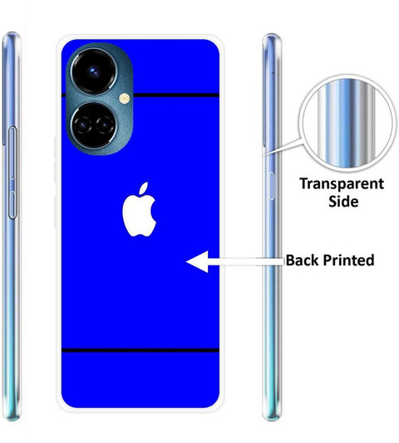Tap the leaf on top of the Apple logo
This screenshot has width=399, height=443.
click(x=144, y=188)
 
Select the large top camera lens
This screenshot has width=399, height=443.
click(x=94, y=71)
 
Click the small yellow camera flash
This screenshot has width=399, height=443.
click(x=125, y=99)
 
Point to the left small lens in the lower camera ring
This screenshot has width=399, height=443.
click(x=82, y=124)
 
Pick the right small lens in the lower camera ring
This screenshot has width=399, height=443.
click(x=105, y=124)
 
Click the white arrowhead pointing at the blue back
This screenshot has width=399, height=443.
click(x=197, y=261)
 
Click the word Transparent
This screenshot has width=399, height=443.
click(x=342, y=184)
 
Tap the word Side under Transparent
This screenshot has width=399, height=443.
click(x=343, y=201)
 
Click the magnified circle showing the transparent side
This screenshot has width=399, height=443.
click(x=347, y=124)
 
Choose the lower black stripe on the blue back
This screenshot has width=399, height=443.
click(x=140, y=351)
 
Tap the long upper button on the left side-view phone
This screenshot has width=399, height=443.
click(x=12, y=153)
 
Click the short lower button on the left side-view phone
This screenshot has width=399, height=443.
click(x=12, y=205)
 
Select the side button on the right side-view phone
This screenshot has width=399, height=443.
click(x=271, y=186)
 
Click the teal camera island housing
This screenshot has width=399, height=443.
click(x=100, y=99)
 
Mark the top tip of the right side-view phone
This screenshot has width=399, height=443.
click(x=272, y=34)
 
